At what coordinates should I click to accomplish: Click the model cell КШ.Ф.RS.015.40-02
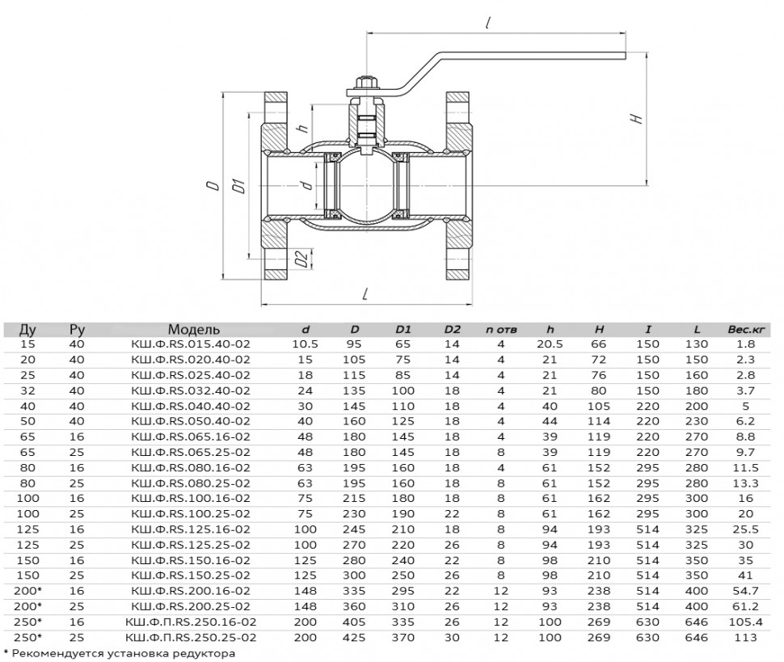pos(191,344)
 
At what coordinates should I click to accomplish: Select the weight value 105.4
pos(745,622)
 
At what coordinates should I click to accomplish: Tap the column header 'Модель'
pos(193,329)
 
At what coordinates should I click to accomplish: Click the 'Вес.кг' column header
pos(746,329)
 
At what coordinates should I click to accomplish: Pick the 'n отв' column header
pos(501,330)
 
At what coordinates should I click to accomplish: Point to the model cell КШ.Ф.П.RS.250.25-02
pos(191,638)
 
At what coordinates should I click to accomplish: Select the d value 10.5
pos(305,344)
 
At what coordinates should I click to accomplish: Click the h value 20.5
pos(550,344)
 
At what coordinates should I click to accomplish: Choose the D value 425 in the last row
pos(354,638)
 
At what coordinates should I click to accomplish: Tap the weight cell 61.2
pos(745,606)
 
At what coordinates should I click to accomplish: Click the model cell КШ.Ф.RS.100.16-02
pos(191,499)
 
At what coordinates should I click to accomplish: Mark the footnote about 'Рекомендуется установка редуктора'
pos(119,653)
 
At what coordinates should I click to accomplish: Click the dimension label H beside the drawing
pos(637,119)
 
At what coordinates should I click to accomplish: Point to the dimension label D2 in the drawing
pos(301,259)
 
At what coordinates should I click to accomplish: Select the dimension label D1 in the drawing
pos(241,185)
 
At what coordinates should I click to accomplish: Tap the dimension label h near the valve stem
pos(303,128)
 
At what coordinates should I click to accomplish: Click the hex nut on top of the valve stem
pos(365,82)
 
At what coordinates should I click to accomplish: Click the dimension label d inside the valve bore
pos(307,184)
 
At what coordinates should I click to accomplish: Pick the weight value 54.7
pos(745,591)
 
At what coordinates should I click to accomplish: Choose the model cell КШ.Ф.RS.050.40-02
pos(191,421)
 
